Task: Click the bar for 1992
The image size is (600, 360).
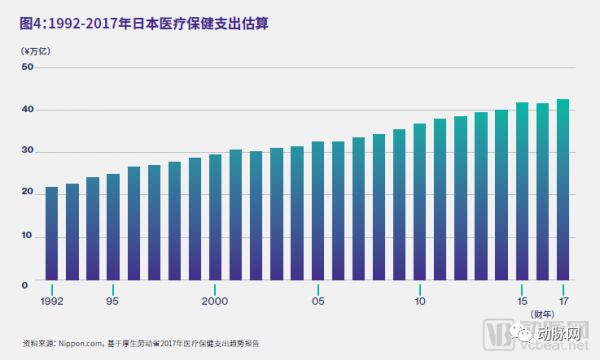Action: click(52, 231)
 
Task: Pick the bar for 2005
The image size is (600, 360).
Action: click(318, 211)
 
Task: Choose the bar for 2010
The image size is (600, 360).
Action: click(420, 202)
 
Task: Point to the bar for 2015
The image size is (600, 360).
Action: click(522, 191)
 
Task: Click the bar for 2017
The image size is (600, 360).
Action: click(563, 189)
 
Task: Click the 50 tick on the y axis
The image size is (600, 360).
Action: click(28, 67)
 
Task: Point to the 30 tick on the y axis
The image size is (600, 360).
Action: click(28, 152)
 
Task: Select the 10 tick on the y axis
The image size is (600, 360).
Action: click(28, 238)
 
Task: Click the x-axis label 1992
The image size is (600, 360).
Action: click(52, 300)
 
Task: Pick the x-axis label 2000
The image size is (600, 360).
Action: click(215, 300)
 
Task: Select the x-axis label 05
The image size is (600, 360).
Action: click(318, 300)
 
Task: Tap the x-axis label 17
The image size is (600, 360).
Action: click(563, 300)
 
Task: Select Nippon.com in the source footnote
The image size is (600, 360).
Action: click(74, 340)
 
